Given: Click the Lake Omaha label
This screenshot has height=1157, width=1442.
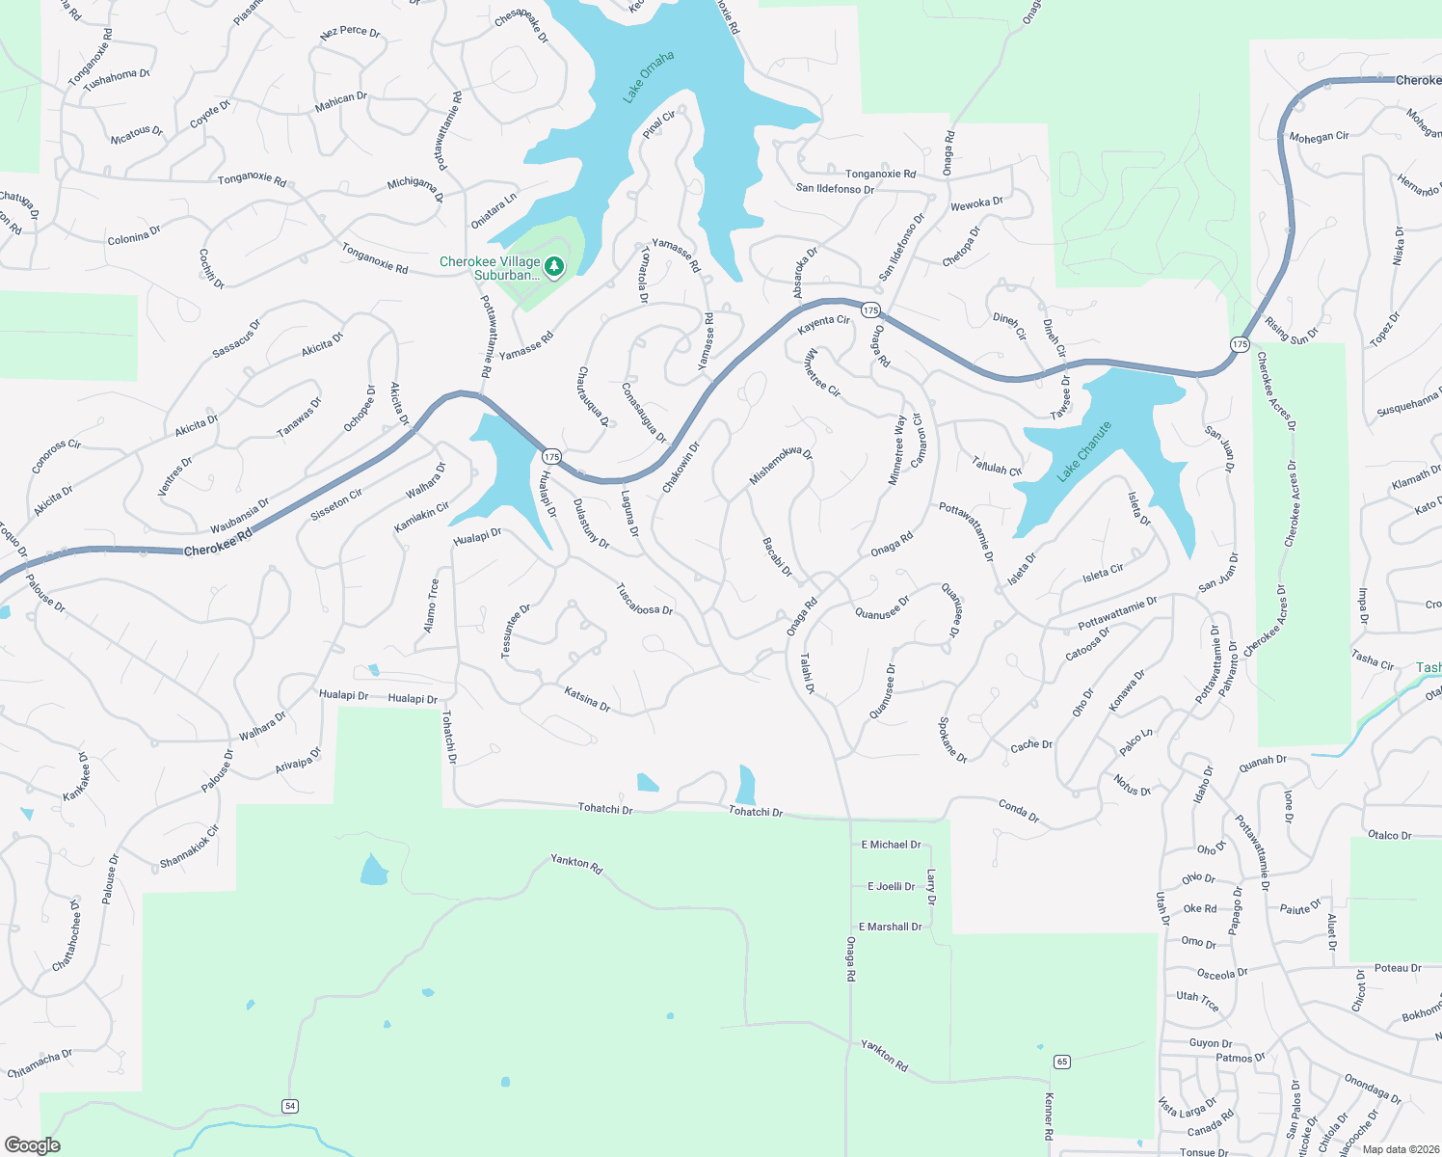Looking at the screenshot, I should tap(648, 77).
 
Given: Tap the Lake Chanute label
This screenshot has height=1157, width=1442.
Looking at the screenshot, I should tap(1084, 451).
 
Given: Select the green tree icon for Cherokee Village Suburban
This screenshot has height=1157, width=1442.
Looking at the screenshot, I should tap(554, 266).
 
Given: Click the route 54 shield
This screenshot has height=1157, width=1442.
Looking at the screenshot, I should tap(290, 1106).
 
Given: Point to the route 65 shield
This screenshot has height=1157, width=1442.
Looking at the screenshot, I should tap(1062, 1062).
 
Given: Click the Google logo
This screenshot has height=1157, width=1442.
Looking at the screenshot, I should tap(33, 1145).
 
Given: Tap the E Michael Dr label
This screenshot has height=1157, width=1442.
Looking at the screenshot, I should tap(891, 845).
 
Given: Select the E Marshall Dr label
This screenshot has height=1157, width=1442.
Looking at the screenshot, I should tap(890, 927).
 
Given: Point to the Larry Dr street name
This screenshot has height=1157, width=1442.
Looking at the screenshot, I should tap(931, 887).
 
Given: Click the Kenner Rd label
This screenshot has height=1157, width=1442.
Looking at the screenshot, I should tap(1049, 1117).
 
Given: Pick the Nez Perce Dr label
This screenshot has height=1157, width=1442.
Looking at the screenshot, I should tap(350, 33).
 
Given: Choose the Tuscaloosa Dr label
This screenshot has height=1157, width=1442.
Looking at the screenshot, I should tap(644, 598).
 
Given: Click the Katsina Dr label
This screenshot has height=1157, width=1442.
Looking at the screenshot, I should tap(587, 699).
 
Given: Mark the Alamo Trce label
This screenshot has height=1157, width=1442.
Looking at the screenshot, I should tap(432, 605).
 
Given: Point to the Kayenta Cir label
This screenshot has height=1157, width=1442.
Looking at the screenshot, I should tap(824, 325).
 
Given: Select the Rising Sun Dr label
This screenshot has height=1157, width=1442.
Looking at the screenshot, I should tap(1292, 331).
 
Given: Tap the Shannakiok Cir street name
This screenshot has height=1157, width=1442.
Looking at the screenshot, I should tap(190, 847).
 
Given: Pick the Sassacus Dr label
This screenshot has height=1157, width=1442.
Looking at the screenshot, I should tap(236, 339).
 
